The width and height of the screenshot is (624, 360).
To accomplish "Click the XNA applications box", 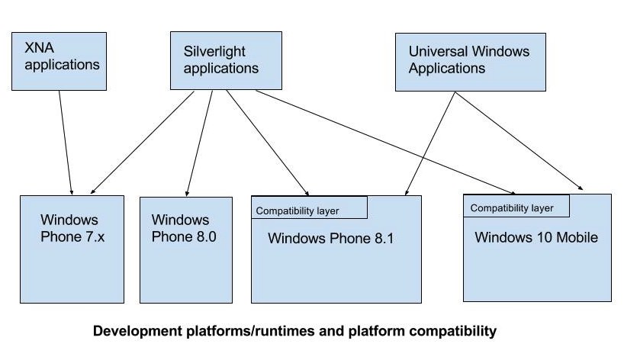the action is (59, 61).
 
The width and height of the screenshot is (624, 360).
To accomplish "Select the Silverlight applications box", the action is (226, 60).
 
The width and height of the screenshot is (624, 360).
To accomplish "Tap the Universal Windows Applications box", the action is (471, 62).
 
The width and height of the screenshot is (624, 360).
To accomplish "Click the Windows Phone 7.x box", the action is (72, 249).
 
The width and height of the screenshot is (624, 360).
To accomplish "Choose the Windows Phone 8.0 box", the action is (186, 250).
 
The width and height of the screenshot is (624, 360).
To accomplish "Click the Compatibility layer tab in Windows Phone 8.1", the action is (309, 207).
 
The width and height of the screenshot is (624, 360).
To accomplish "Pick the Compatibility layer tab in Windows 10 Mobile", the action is (516, 206).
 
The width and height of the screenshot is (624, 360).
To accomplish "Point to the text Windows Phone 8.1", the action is (331, 238).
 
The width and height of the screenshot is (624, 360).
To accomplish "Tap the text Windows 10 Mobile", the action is (536, 237).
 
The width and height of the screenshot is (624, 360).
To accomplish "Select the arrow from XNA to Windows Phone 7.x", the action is (66, 143).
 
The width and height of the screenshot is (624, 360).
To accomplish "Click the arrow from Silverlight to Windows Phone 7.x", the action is (142, 143).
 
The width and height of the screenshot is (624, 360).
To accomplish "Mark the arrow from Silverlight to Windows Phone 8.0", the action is (199, 143).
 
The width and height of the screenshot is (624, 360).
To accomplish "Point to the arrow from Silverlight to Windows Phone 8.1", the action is (268, 143).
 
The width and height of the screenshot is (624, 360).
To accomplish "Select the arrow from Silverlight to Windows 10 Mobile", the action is (385, 142).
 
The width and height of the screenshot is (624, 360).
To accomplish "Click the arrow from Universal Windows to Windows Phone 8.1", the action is (429, 143).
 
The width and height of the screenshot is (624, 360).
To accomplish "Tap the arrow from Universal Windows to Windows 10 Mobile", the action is (519, 141).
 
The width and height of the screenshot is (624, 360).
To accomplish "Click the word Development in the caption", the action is (137, 331).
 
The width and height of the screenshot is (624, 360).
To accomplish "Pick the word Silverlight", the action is (214, 51).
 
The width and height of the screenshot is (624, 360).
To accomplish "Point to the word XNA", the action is (39, 48).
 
